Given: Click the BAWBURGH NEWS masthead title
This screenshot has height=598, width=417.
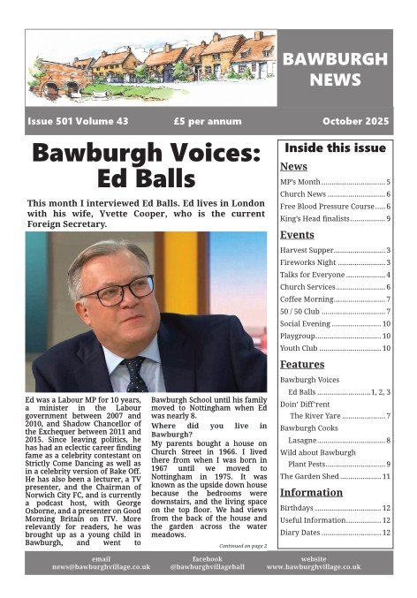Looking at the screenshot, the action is point(335,70).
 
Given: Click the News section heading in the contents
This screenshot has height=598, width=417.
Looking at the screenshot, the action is point(293,166).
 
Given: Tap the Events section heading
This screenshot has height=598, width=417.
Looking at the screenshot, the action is point(297,235).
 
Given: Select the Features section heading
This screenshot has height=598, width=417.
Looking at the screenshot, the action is point(302,364).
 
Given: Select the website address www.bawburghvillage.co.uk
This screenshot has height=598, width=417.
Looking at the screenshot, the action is point(313,566).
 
